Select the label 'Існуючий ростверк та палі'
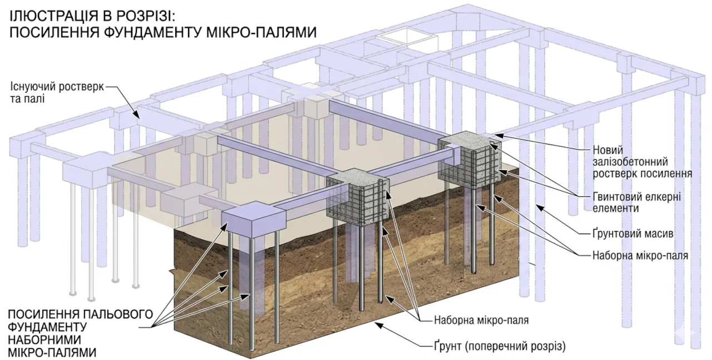pos(57,92)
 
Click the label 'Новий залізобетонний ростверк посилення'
pos(642,162)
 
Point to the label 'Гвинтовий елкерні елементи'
pos(637,203)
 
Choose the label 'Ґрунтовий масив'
pos(633,234)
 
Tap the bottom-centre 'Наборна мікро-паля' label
pos(481,320)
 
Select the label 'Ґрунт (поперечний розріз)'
pos(500,346)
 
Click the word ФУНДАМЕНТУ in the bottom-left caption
pos(47,327)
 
